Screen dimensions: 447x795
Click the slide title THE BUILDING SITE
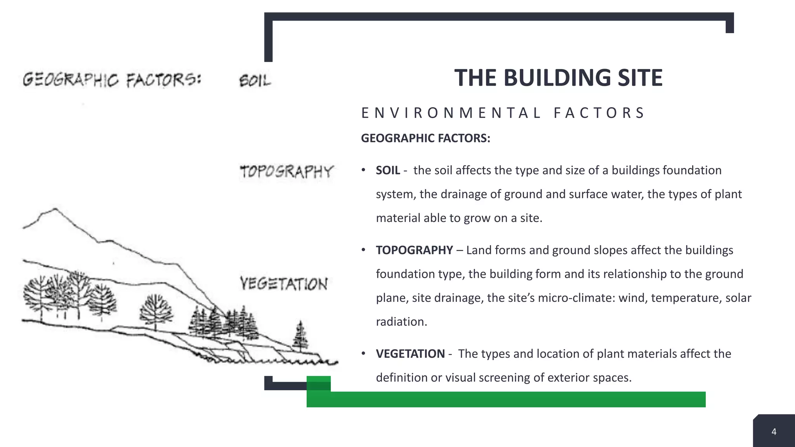(558, 78)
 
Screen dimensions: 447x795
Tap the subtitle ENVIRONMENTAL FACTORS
(503, 113)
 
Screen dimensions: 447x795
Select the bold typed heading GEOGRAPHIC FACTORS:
(425, 138)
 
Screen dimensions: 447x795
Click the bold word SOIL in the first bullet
(388, 170)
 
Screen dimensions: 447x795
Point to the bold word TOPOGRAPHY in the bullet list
(414, 250)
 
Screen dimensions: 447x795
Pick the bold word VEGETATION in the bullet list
(410, 354)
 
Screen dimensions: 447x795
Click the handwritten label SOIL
(255, 81)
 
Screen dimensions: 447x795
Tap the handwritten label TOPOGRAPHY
(286, 172)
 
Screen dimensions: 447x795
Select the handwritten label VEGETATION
(284, 284)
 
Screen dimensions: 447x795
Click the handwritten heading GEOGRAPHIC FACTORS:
(112, 80)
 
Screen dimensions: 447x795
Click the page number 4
(774, 432)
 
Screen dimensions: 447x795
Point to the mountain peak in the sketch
(55, 210)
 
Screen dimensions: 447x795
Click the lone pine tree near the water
(300, 336)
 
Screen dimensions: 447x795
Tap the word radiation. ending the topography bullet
(401, 322)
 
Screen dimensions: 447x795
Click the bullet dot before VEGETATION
(363, 353)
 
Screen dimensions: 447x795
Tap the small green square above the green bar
(318, 383)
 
